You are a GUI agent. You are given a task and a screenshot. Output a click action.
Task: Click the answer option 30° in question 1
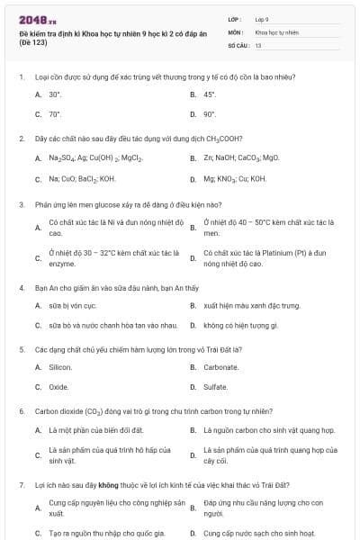55,94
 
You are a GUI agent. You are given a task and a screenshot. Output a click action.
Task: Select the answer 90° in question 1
210,114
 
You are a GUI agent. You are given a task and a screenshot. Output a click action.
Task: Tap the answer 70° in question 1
55,114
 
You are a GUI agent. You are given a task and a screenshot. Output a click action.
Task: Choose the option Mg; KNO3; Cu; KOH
235,178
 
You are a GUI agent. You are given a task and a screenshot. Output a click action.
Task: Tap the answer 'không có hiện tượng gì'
240,324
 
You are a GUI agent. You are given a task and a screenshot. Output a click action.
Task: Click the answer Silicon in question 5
60,367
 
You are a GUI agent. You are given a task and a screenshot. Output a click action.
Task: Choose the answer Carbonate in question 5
221,367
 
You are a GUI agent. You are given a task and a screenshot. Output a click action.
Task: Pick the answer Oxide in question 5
58,387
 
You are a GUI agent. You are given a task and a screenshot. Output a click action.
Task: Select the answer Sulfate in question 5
216,387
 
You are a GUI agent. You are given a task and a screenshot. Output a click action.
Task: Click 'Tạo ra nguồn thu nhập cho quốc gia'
101,533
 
